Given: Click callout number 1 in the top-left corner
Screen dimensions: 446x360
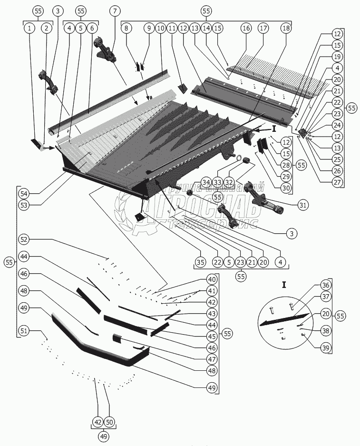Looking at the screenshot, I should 29,29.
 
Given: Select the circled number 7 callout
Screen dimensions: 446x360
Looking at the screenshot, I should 115,11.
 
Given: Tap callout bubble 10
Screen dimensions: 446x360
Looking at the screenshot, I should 160,29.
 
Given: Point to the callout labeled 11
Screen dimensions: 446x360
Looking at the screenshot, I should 172,29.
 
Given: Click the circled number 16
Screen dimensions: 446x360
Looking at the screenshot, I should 246,29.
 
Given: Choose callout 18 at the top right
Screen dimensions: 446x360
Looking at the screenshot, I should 285,29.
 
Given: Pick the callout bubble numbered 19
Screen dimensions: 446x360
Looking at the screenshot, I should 337,57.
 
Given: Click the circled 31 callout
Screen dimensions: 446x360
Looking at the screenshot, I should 302,205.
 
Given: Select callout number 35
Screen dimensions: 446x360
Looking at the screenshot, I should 200,262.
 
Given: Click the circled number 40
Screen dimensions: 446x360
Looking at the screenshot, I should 212,279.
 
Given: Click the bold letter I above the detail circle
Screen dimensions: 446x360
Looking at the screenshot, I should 284,285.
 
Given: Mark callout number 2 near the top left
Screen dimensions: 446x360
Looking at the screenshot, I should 46,29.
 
